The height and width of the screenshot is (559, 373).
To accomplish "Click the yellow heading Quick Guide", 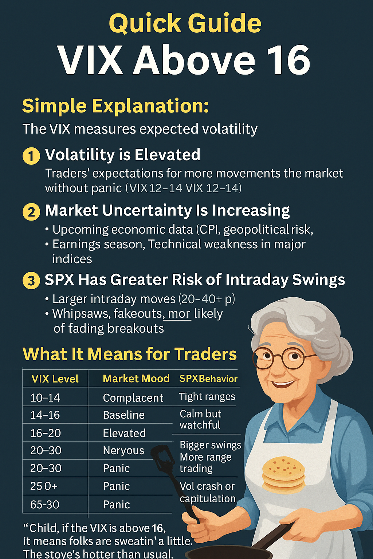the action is point(185,24).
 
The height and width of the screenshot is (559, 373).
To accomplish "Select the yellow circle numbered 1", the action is point(31,156).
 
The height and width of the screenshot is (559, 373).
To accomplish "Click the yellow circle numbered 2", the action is point(31,212).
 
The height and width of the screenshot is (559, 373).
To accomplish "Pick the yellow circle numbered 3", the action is point(31,281).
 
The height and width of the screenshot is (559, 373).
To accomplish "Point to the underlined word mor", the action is point(179,314).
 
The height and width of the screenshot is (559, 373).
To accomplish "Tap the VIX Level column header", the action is point(55,379).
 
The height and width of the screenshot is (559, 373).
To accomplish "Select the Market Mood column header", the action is point(136,378).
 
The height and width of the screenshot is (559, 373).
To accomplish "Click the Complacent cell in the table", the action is point(133,398).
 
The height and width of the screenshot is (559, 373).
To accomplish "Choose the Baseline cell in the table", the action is point(124,415).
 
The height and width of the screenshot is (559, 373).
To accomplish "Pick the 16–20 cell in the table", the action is point(46,433).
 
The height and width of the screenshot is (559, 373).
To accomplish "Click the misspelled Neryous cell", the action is point(123,451).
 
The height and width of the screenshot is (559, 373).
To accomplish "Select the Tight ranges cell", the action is point(207,397).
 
